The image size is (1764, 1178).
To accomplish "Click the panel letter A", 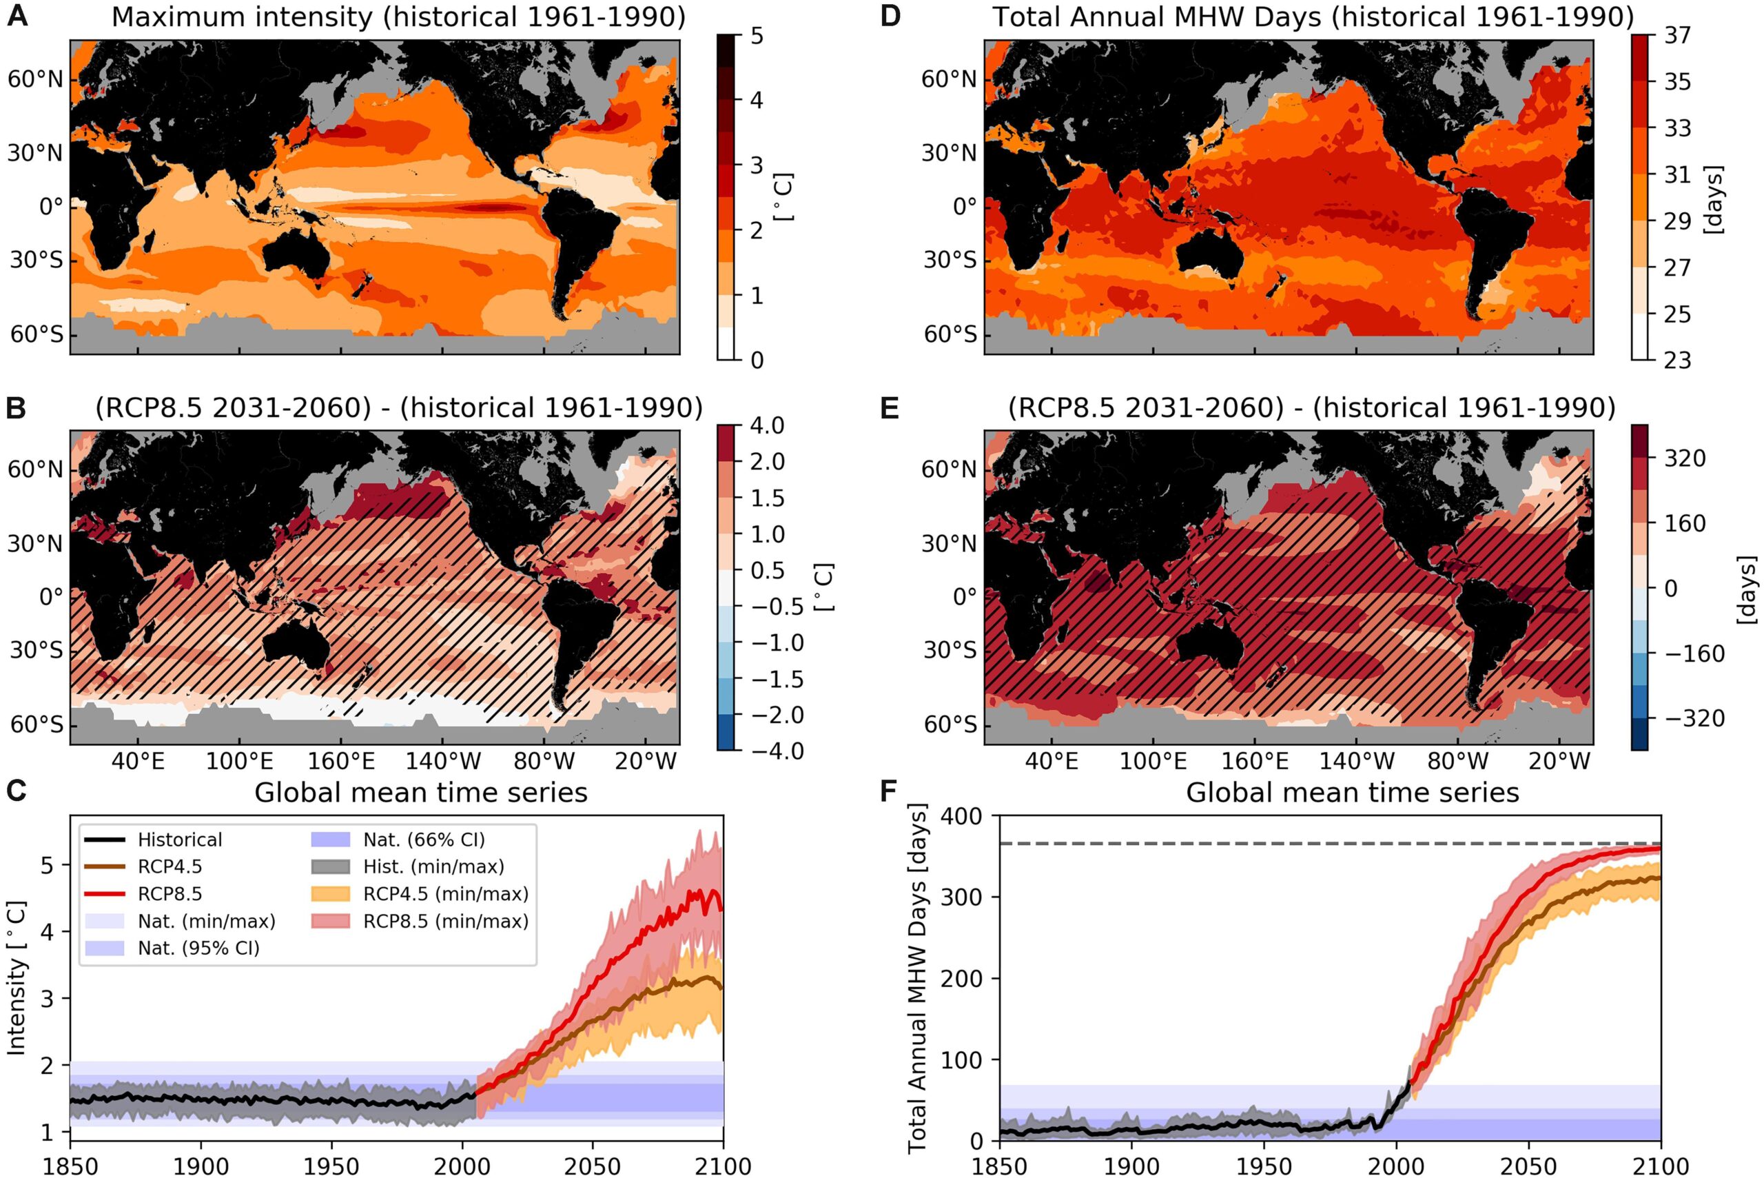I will pos(17,16).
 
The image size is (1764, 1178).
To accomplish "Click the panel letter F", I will pos(889,791).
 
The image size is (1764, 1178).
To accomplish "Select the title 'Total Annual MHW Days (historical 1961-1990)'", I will pos(1313,16).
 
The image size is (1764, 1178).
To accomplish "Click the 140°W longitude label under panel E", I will pos(1357,761).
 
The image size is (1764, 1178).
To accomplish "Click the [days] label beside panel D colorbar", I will pos(1714,199).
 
